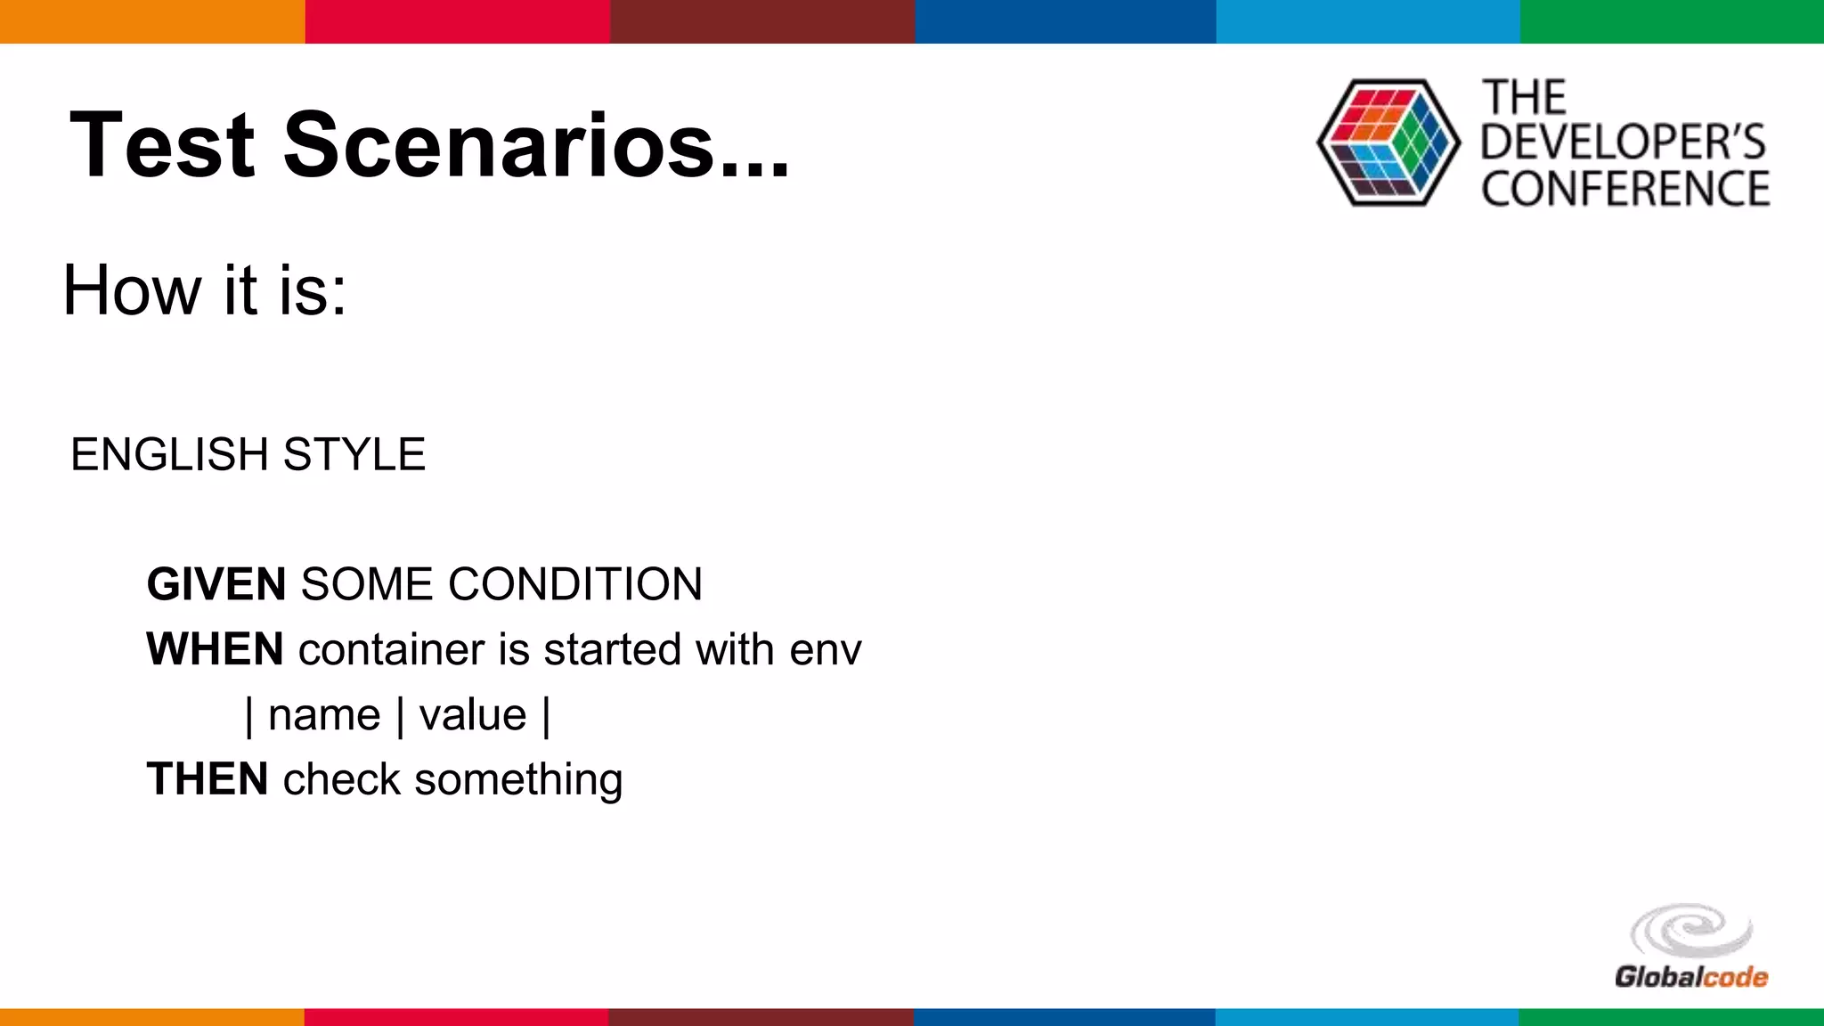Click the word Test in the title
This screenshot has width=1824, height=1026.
(162, 145)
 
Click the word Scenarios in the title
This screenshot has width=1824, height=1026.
(499, 145)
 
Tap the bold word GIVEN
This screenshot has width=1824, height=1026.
(216, 585)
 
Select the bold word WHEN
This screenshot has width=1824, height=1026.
(216, 649)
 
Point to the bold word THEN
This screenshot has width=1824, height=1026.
(208, 779)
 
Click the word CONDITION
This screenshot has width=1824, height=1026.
(574, 585)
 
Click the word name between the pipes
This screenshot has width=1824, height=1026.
(324, 715)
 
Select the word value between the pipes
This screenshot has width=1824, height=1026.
(473, 715)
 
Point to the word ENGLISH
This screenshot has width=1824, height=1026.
(169, 455)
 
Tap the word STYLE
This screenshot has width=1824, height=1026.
(354, 455)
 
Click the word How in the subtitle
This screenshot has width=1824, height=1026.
(132, 290)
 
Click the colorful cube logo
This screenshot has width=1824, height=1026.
(1388, 143)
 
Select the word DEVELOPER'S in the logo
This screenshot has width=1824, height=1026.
(1623, 142)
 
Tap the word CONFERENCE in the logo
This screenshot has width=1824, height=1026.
(1625, 189)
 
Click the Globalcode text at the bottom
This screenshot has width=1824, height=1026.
(1690, 977)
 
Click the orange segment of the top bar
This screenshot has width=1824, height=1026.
(151, 21)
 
